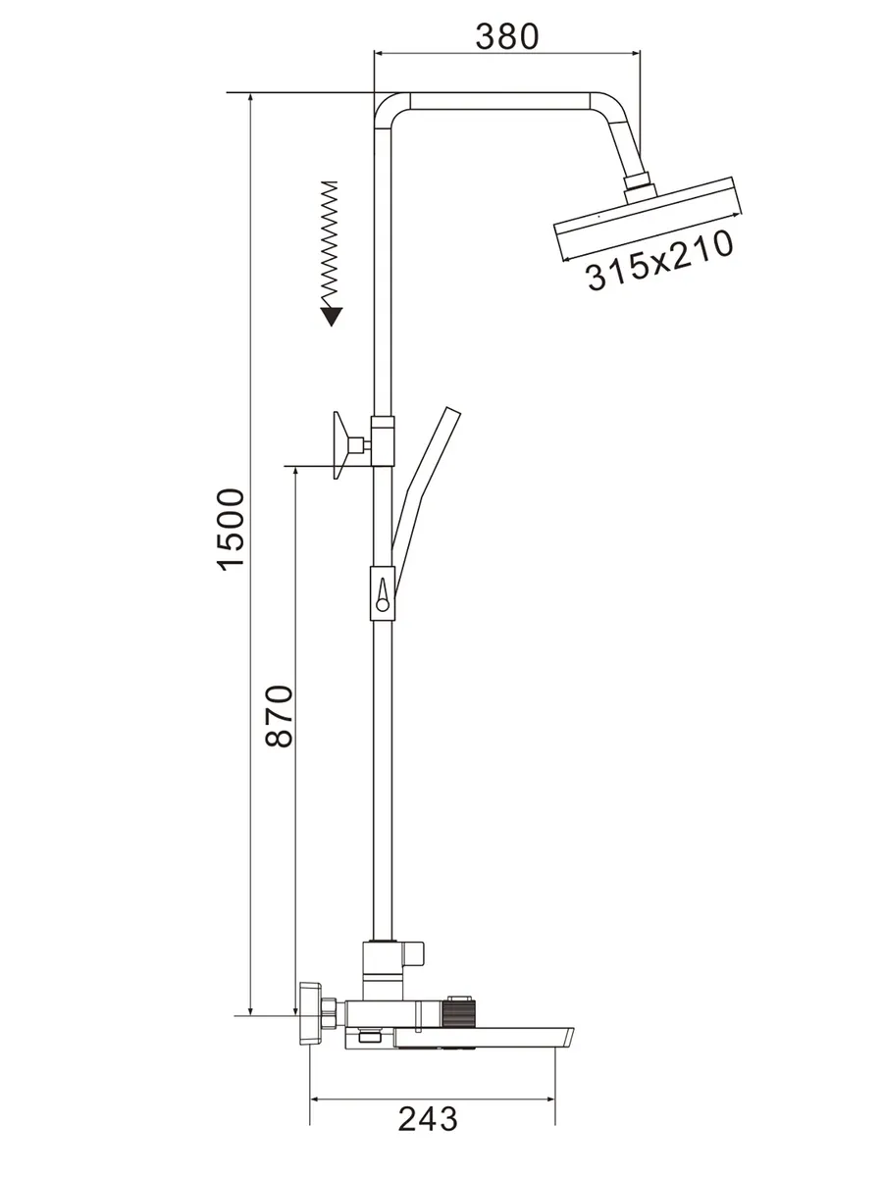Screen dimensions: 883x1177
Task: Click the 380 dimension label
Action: [x=506, y=36]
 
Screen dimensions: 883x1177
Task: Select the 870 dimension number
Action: [x=280, y=715]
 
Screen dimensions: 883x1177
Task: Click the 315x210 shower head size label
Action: [x=658, y=260]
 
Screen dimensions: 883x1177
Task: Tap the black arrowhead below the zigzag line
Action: [x=331, y=317]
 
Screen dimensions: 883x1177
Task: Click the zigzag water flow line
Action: [x=329, y=244]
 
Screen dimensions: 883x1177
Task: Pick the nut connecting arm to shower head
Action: [x=639, y=187]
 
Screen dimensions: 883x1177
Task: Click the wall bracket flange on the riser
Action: [x=342, y=444]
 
